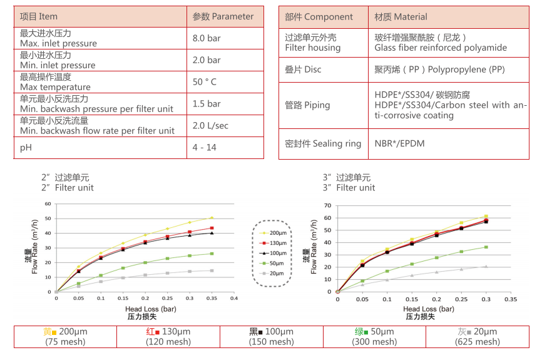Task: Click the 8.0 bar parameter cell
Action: point(207,38)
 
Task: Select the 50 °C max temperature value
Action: point(205,82)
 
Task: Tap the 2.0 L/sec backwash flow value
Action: point(210,126)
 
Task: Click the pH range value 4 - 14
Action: point(204,147)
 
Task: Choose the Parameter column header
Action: point(223,16)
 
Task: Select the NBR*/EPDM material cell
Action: point(399,143)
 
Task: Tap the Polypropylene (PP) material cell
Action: point(439,69)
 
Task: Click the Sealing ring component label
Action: point(323,143)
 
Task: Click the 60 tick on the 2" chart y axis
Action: point(48,204)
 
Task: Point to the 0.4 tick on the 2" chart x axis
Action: point(233,299)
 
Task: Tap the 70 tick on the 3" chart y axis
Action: point(329,205)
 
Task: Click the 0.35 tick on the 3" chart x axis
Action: point(511,299)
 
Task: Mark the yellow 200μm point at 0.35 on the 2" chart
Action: point(212,218)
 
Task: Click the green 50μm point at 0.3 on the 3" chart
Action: point(486,247)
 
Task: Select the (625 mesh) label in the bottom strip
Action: point(478,342)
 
